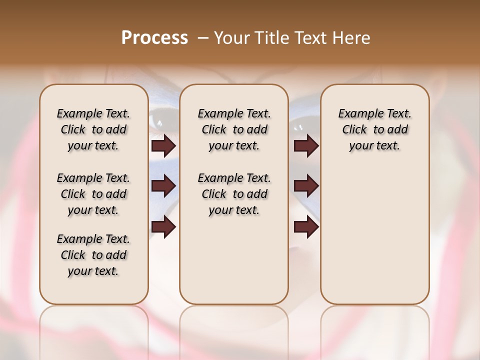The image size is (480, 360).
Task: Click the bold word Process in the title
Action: click(154, 37)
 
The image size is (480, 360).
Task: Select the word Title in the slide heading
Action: click(268, 38)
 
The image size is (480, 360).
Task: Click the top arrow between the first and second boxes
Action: click(163, 146)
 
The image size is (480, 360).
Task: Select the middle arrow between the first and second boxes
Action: click(163, 186)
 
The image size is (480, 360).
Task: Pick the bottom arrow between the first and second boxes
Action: click(163, 226)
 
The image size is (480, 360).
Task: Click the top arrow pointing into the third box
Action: click(306, 146)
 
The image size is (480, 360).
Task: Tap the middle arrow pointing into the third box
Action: click(306, 186)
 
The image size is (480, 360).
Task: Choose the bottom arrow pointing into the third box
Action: click(306, 226)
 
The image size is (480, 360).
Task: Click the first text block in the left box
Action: click(93, 129)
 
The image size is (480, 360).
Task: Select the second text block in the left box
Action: click(93, 194)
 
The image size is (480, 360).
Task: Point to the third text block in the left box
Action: click(93, 255)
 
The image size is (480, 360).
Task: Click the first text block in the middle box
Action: click(234, 129)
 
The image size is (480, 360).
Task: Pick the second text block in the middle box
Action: click(234, 194)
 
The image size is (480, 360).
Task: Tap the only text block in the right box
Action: click(374, 129)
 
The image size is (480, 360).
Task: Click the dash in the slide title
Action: click(203, 37)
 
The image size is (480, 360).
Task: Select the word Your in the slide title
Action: click(230, 38)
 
